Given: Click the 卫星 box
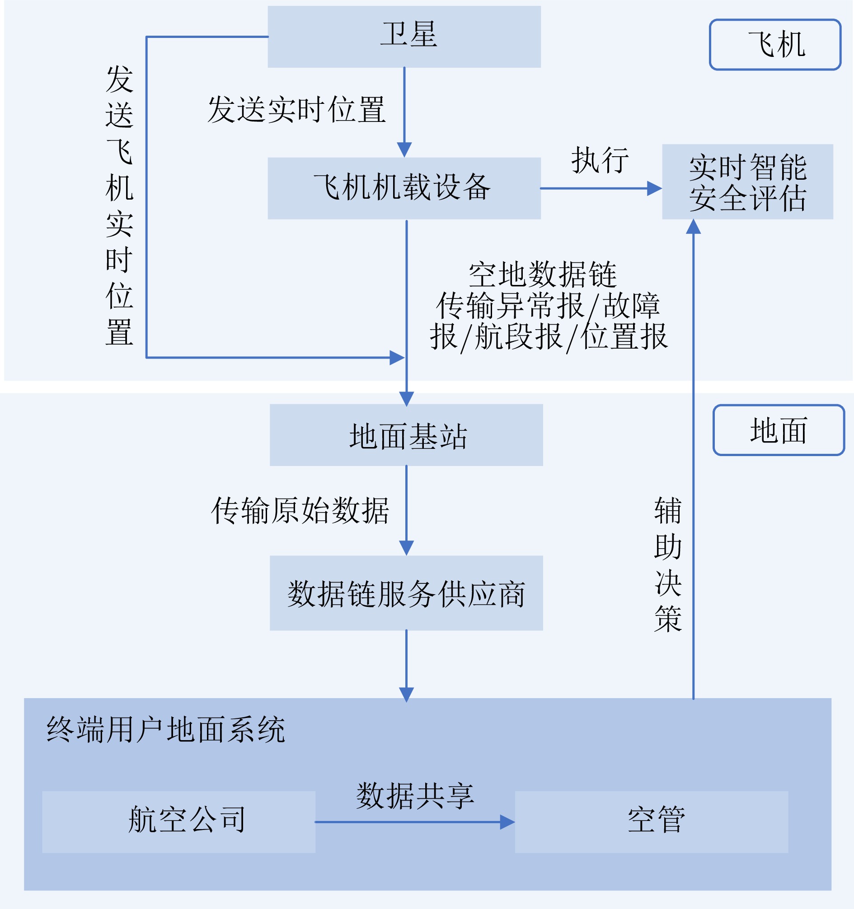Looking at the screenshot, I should pyautogui.click(x=404, y=37).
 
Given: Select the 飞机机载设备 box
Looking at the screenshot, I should pyautogui.click(x=404, y=188).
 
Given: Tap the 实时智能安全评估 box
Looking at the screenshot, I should pyautogui.click(x=747, y=182).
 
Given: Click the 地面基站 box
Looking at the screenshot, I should pyautogui.click(x=406, y=435).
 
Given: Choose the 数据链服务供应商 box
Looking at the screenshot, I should pyautogui.click(x=406, y=593).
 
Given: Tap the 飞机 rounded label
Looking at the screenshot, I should pyautogui.click(x=775, y=44).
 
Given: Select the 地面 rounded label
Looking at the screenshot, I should pyautogui.click(x=779, y=430).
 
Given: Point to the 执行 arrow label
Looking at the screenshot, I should pyautogui.click(x=600, y=160).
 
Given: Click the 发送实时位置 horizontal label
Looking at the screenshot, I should pyautogui.click(x=296, y=109).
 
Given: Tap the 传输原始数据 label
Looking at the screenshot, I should pyautogui.click(x=300, y=510).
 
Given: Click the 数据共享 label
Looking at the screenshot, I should pyautogui.click(x=415, y=796).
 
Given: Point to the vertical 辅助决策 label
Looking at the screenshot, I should pyautogui.click(x=667, y=564).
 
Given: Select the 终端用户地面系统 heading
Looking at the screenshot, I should pyautogui.click(x=165, y=729).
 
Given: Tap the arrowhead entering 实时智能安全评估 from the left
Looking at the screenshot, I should pyautogui.click(x=655, y=188).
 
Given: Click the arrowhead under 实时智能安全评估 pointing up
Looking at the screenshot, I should pyautogui.click(x=694, y=226).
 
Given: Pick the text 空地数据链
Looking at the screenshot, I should pyautogui.click(x=543, y=275).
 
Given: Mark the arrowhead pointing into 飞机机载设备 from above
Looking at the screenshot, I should pyautogui.click(x=404, y=149).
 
